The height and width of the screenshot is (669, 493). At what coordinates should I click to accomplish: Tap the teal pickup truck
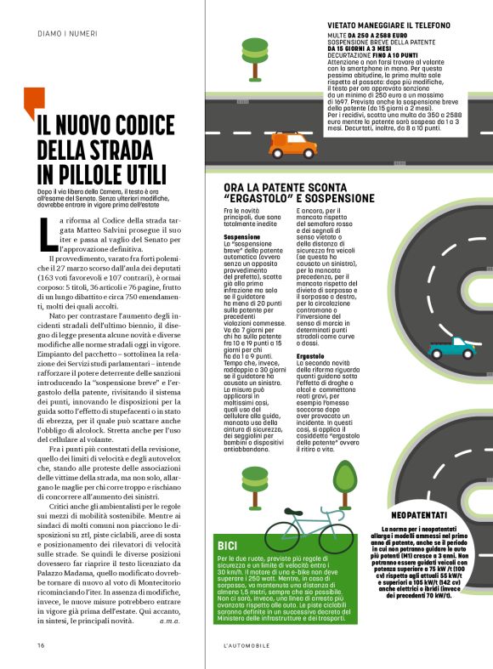(x=450, y=347)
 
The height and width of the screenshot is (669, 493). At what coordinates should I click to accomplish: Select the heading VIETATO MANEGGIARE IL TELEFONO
(x=388, y=26)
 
